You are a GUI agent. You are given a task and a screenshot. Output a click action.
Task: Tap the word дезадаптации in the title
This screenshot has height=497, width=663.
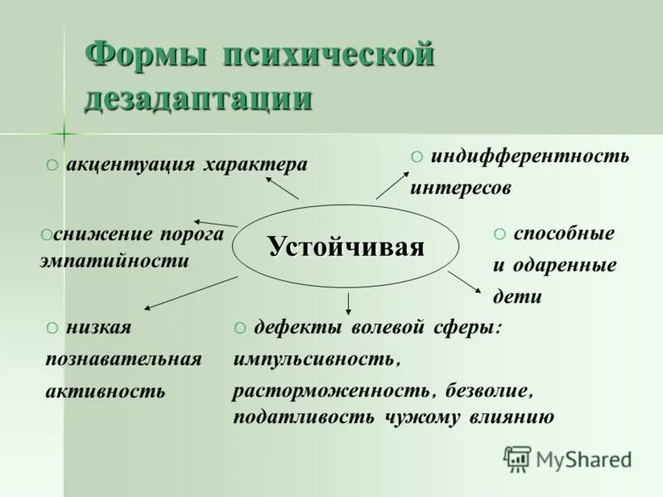[199, 99]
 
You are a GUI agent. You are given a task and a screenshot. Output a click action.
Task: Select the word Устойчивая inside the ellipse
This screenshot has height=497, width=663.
[346, 247]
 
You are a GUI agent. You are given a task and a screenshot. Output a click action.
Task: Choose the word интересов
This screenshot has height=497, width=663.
[460, 188]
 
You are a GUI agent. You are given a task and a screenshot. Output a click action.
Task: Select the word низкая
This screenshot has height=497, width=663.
[99, 328]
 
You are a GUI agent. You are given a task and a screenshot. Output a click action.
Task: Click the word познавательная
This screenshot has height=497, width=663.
[123, 359]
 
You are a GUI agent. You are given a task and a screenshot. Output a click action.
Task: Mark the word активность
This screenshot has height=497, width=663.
[105, 391]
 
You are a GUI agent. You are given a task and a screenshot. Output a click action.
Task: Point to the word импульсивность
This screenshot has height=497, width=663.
[317, 360]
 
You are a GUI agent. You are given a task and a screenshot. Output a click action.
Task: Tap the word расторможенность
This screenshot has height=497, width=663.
[331, 389]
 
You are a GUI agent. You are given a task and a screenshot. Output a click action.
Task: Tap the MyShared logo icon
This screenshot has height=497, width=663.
[518, 458]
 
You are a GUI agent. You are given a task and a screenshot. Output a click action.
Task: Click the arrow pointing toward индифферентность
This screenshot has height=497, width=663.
[393, 184]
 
